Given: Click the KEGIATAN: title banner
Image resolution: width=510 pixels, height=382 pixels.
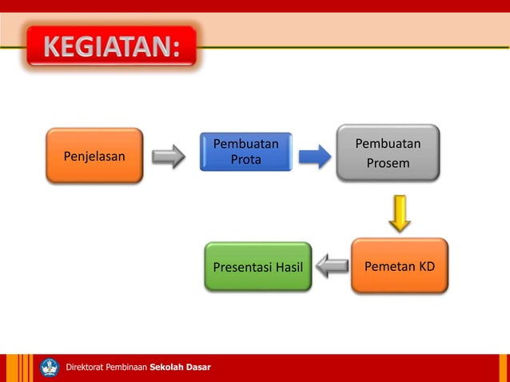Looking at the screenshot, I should tap(111, 48).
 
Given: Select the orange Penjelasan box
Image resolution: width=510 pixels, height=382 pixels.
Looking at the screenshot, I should tap(94, 156).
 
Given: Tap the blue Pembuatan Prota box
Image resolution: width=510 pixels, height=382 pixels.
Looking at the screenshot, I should tap(245, 152).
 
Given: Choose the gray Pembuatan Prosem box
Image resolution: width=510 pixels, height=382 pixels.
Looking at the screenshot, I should tap(388, 153).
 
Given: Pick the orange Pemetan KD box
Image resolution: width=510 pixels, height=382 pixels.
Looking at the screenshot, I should tap(399, 266).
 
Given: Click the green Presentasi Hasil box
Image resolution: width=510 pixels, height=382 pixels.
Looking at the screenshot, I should tap(257, 267).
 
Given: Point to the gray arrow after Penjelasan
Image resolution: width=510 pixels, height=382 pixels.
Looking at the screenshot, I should tap(169, 156).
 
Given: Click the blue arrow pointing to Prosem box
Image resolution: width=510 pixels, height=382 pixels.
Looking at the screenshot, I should tap(314, 156).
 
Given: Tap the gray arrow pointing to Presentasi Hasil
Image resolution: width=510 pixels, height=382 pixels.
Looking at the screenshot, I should tap(331, 266).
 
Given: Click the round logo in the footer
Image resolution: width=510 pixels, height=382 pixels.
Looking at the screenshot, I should tap(50, 368).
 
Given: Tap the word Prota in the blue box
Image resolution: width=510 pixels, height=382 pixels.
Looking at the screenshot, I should tap(245, 160).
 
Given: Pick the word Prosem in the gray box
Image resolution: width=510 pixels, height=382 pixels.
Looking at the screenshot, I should tap(388, 164).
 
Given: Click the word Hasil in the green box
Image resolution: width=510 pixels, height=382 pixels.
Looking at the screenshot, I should tap(289, 267).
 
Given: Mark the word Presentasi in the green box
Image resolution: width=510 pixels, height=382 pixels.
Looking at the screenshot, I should tap(241, 267).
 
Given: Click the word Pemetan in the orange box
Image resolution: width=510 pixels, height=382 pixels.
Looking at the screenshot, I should tap(389, 266).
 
